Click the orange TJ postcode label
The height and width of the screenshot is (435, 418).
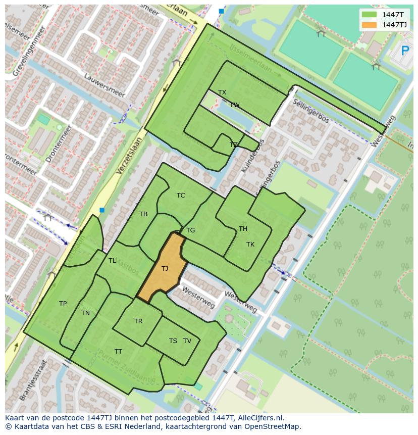(165, 269)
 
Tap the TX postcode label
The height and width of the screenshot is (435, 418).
(222, 92)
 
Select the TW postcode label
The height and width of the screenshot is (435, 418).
(235, 105)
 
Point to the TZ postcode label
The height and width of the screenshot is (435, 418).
(233, 145)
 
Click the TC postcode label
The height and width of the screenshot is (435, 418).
(181, 196)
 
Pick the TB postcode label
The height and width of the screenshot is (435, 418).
(143, 214)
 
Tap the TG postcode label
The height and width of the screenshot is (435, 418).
(190, 230)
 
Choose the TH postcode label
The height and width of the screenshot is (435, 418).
(243, 229)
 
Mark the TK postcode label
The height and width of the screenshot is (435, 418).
(250, 245)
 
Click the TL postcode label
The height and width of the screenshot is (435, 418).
(112, 261)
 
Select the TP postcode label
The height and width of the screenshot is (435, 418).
(63, 304)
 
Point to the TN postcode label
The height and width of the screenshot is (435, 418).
(85, 313)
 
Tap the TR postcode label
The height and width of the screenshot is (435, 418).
(138, 321)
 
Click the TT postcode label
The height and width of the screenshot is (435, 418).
(118, 352)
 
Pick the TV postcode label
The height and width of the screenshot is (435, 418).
(187, 341)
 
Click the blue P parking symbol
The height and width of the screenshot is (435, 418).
(405, 51)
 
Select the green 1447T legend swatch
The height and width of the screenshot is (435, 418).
(370, 15)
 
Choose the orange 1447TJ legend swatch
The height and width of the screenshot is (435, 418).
(370, 25)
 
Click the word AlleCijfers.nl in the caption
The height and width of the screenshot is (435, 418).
(261, 418)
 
